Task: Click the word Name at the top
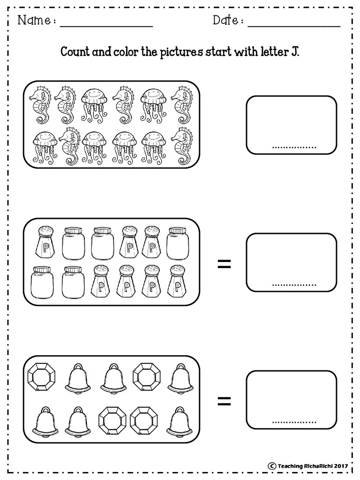[x=34, y=21]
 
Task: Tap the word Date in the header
[x=225, y=20]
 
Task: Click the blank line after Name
[x=106, y=27]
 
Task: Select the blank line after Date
[x=294, y=27]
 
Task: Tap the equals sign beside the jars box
[x=224, y=264]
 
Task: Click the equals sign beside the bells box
[x=224, y=401]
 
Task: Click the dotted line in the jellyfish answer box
[x=294, y=148]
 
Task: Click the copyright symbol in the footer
[x=271, y=466]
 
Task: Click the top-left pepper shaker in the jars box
[x=45, y=242]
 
